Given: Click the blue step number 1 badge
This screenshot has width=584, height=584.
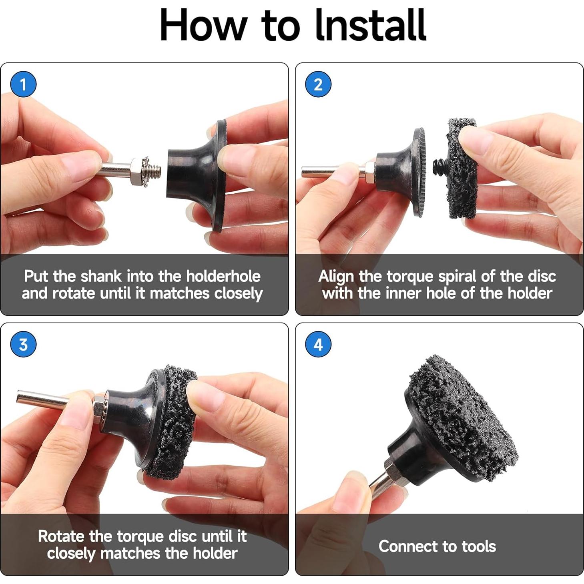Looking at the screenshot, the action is click(x=23, y=84).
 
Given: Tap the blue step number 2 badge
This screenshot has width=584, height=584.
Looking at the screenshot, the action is click(x=318, y=84).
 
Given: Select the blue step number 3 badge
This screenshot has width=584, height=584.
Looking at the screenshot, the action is click(x=23, y=344).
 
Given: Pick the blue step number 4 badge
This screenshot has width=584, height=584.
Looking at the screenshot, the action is click(x=318, y=344).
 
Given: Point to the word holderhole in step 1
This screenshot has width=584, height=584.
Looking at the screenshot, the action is click(x=223, y=277).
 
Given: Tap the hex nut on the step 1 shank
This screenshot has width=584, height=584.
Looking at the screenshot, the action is click(x=138, y=172).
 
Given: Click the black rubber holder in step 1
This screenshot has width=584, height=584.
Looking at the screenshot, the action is click(x=197, y=176).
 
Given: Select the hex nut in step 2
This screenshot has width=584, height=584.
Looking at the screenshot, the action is click(x=370, y=172).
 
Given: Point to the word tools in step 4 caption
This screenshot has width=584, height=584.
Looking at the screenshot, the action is click(x=479, y=546).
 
